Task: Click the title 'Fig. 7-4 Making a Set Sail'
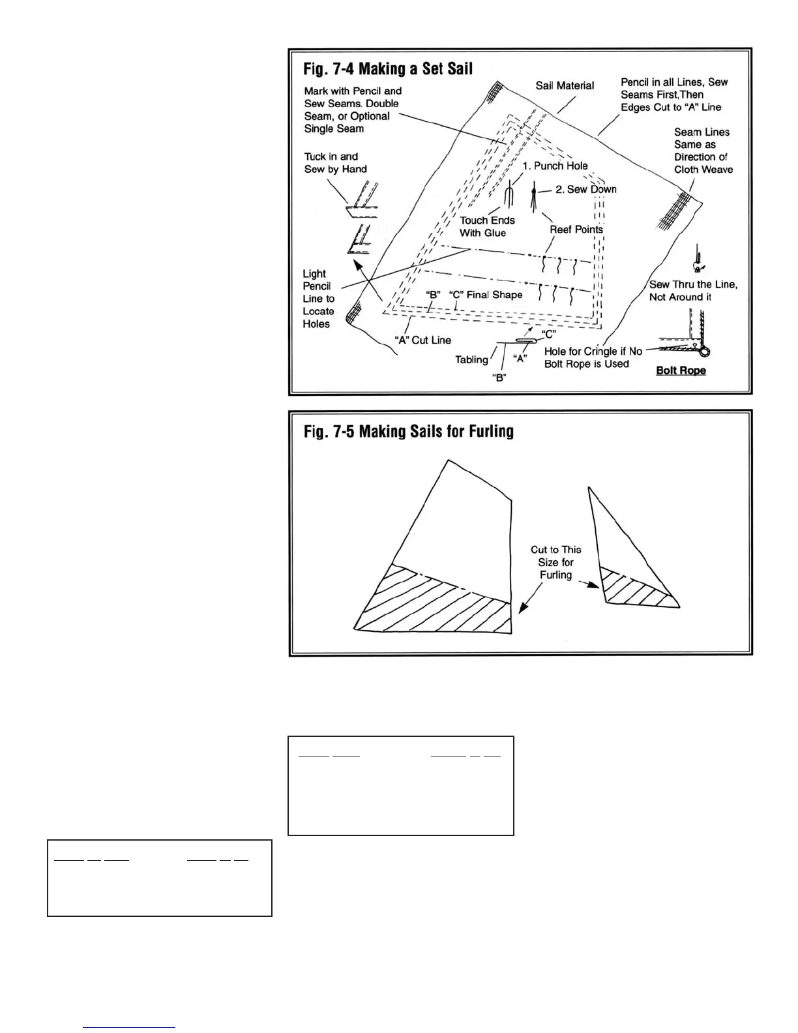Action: click(388, 68)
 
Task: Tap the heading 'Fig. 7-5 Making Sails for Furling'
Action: click(408, 432)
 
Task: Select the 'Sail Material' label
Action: click(565, 85)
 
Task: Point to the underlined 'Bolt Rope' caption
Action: click(681, 370)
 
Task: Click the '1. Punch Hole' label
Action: click(555, 166)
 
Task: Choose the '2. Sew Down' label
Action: click(585, 189)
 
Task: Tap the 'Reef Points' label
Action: click(576, 230)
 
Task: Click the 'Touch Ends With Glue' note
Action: click(487, 226)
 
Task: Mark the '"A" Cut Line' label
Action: click(422, 340)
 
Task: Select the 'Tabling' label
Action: click(471, 359)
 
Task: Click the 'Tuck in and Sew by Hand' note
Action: click(335, 163)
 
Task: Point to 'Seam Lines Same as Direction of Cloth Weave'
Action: click(703, 151)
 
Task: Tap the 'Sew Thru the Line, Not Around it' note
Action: click(693, 291)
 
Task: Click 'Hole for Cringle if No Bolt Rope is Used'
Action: click(593, 357)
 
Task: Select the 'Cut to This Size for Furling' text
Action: click(555, 562)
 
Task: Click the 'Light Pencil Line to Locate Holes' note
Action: click(318, 299)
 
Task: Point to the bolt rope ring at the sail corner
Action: click(704, 352)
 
